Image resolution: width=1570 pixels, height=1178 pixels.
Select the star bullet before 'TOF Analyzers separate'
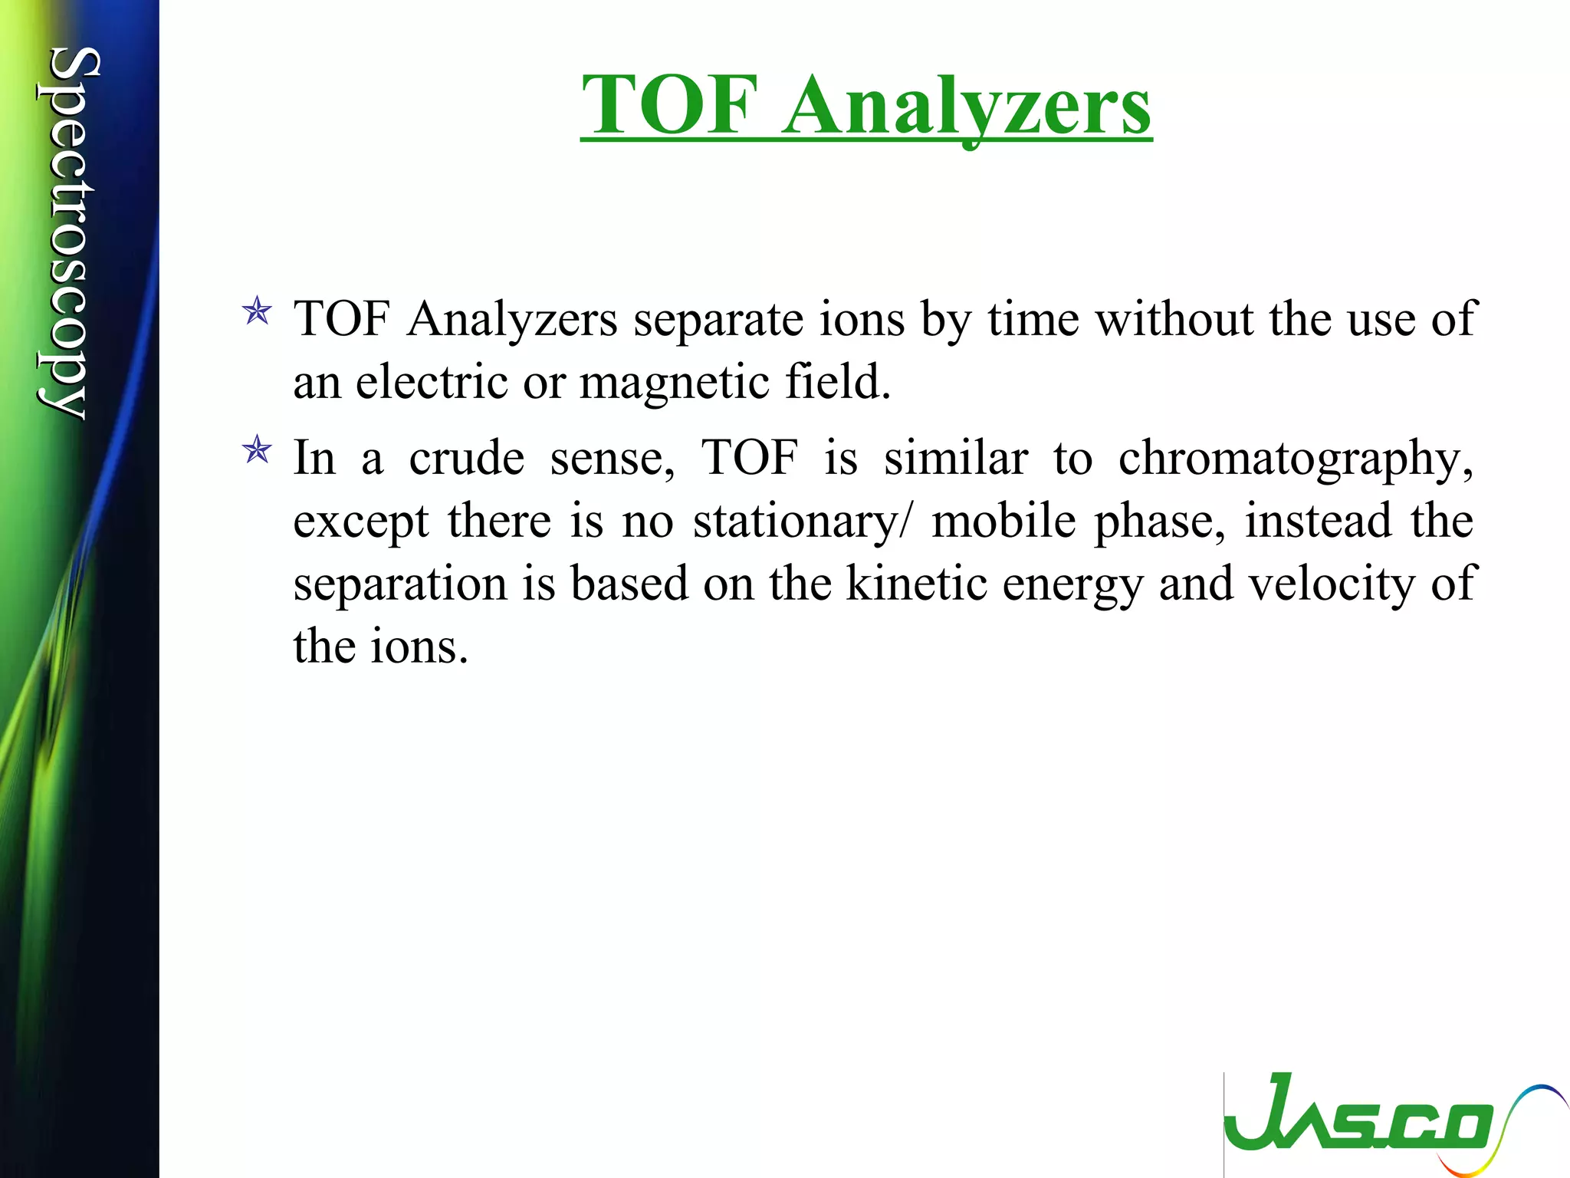[x=257, y=312]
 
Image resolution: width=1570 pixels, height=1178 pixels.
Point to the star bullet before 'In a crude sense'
[x=257, y=450]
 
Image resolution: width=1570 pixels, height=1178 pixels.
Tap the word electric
[x=431, y=382]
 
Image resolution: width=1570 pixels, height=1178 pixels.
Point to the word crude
[x=466, y=458]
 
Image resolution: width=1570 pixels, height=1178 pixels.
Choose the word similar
[x=955, y=458]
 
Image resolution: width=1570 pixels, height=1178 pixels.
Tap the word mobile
[x=1004, y=522]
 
